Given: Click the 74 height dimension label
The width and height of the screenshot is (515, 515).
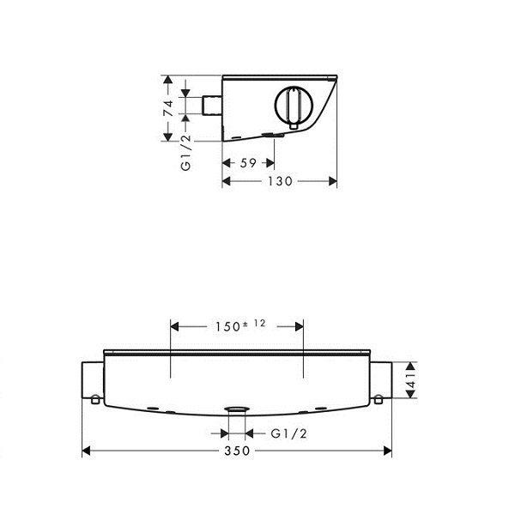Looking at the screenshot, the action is [x=168, y=108].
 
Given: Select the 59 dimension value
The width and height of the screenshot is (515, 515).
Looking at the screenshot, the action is [x=248, y=163].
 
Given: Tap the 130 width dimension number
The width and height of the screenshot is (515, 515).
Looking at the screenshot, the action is [x=280, y=181].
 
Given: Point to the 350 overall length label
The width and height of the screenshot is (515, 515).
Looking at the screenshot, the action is [x=237, y=451].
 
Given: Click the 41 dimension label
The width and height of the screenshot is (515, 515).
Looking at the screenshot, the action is [x=411, y=379].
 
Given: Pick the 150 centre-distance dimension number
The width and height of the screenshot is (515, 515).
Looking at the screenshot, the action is [x=227, y=327].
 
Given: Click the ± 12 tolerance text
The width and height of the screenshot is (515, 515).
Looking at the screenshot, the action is [x=254, y=324].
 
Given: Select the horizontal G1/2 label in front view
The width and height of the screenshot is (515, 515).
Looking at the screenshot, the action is [x=288, y=433].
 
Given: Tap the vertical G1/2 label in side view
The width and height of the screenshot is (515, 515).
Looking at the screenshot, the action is [x=186, y=153].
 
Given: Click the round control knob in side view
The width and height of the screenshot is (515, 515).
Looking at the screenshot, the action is [x=293, y=106].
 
